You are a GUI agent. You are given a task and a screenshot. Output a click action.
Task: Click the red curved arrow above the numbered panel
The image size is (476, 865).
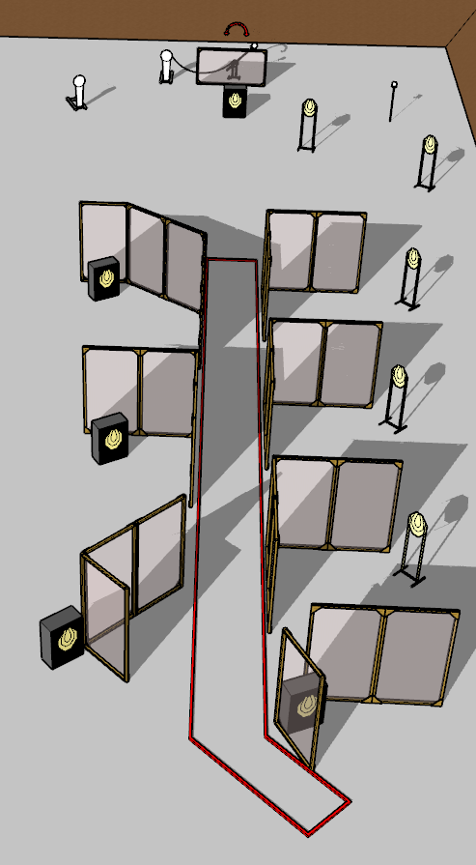237,25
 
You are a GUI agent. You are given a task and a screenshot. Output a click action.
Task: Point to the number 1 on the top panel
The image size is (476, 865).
235,69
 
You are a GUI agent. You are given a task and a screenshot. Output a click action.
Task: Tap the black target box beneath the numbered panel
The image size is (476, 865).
236,101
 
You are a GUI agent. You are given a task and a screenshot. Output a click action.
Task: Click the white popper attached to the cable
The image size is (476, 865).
166,66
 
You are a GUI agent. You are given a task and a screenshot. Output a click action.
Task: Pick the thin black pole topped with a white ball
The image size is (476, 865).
393,101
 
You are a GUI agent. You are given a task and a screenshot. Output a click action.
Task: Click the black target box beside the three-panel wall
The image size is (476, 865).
104,278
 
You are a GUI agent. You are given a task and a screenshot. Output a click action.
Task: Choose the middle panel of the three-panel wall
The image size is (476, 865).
146,250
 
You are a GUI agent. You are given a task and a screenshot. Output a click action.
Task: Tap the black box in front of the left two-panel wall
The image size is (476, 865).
110,438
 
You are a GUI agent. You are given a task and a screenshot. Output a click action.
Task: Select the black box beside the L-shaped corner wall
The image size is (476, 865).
62,637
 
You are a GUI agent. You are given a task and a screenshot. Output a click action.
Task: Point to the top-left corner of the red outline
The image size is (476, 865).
209,260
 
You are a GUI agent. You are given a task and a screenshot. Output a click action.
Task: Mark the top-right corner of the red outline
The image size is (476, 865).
256,261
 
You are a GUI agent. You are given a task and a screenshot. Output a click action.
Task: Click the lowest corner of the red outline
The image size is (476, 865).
307,833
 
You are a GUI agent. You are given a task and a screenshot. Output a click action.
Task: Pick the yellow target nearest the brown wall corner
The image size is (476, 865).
430,145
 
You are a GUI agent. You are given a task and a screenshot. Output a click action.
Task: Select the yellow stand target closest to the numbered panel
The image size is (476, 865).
309,107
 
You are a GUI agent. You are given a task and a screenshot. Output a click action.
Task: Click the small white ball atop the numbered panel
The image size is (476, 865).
254,45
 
